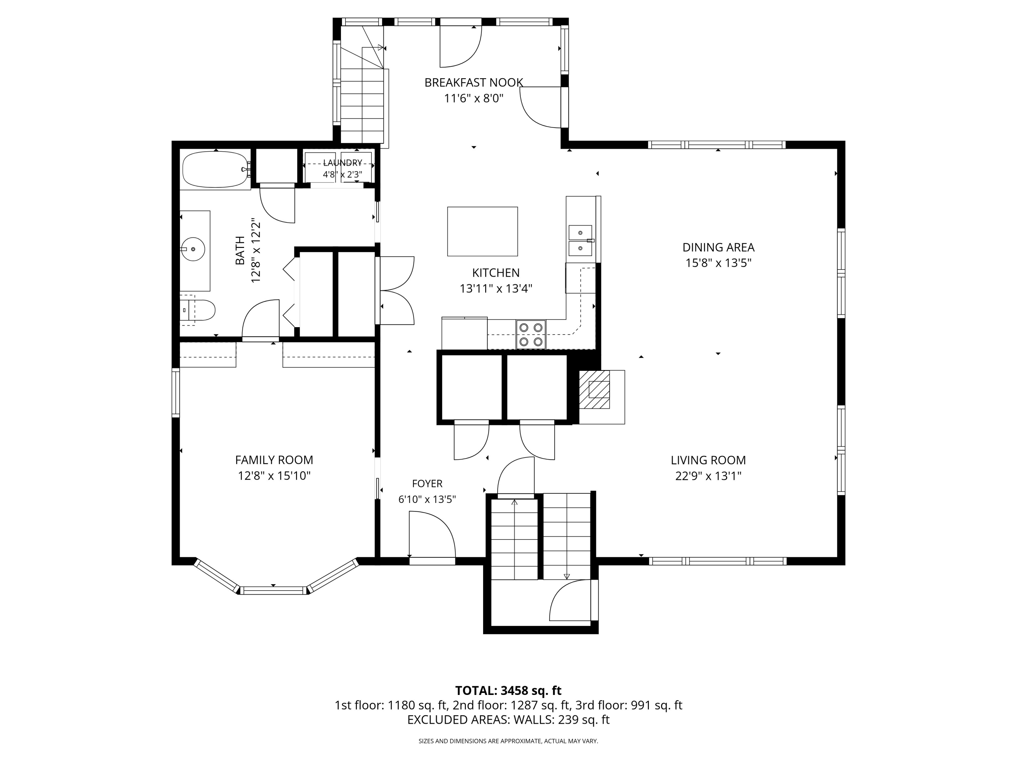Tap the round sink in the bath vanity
tap(193, 249)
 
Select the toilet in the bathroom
tap(198, 311)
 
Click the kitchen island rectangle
tap(482, 232)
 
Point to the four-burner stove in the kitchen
tap(531, 334)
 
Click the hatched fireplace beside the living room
tap(595, 389)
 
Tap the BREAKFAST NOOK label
tap(474, 83)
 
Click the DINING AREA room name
tap(718, 247)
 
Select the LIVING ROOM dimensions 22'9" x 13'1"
tap(708, 476)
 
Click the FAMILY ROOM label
tap(274, 460)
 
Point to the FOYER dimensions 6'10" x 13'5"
tap(427, 499)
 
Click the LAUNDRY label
tap(342, 163)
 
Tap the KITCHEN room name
tap(496, 273)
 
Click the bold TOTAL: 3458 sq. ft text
tap(508, 691)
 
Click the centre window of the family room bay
tap(274, 590)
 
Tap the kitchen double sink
tap(580, 240)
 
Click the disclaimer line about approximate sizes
tap(508, 741)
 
